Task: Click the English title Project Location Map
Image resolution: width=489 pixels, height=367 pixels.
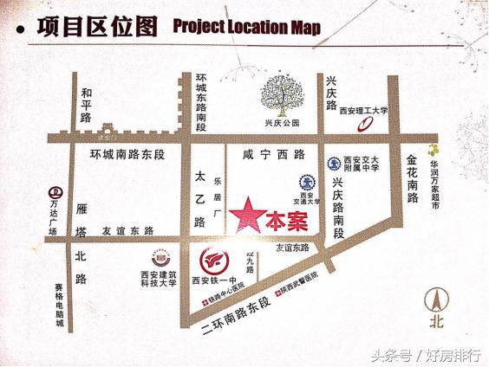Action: pos(246,27)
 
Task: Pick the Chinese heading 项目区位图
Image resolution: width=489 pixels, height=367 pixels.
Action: pos(98,26)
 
